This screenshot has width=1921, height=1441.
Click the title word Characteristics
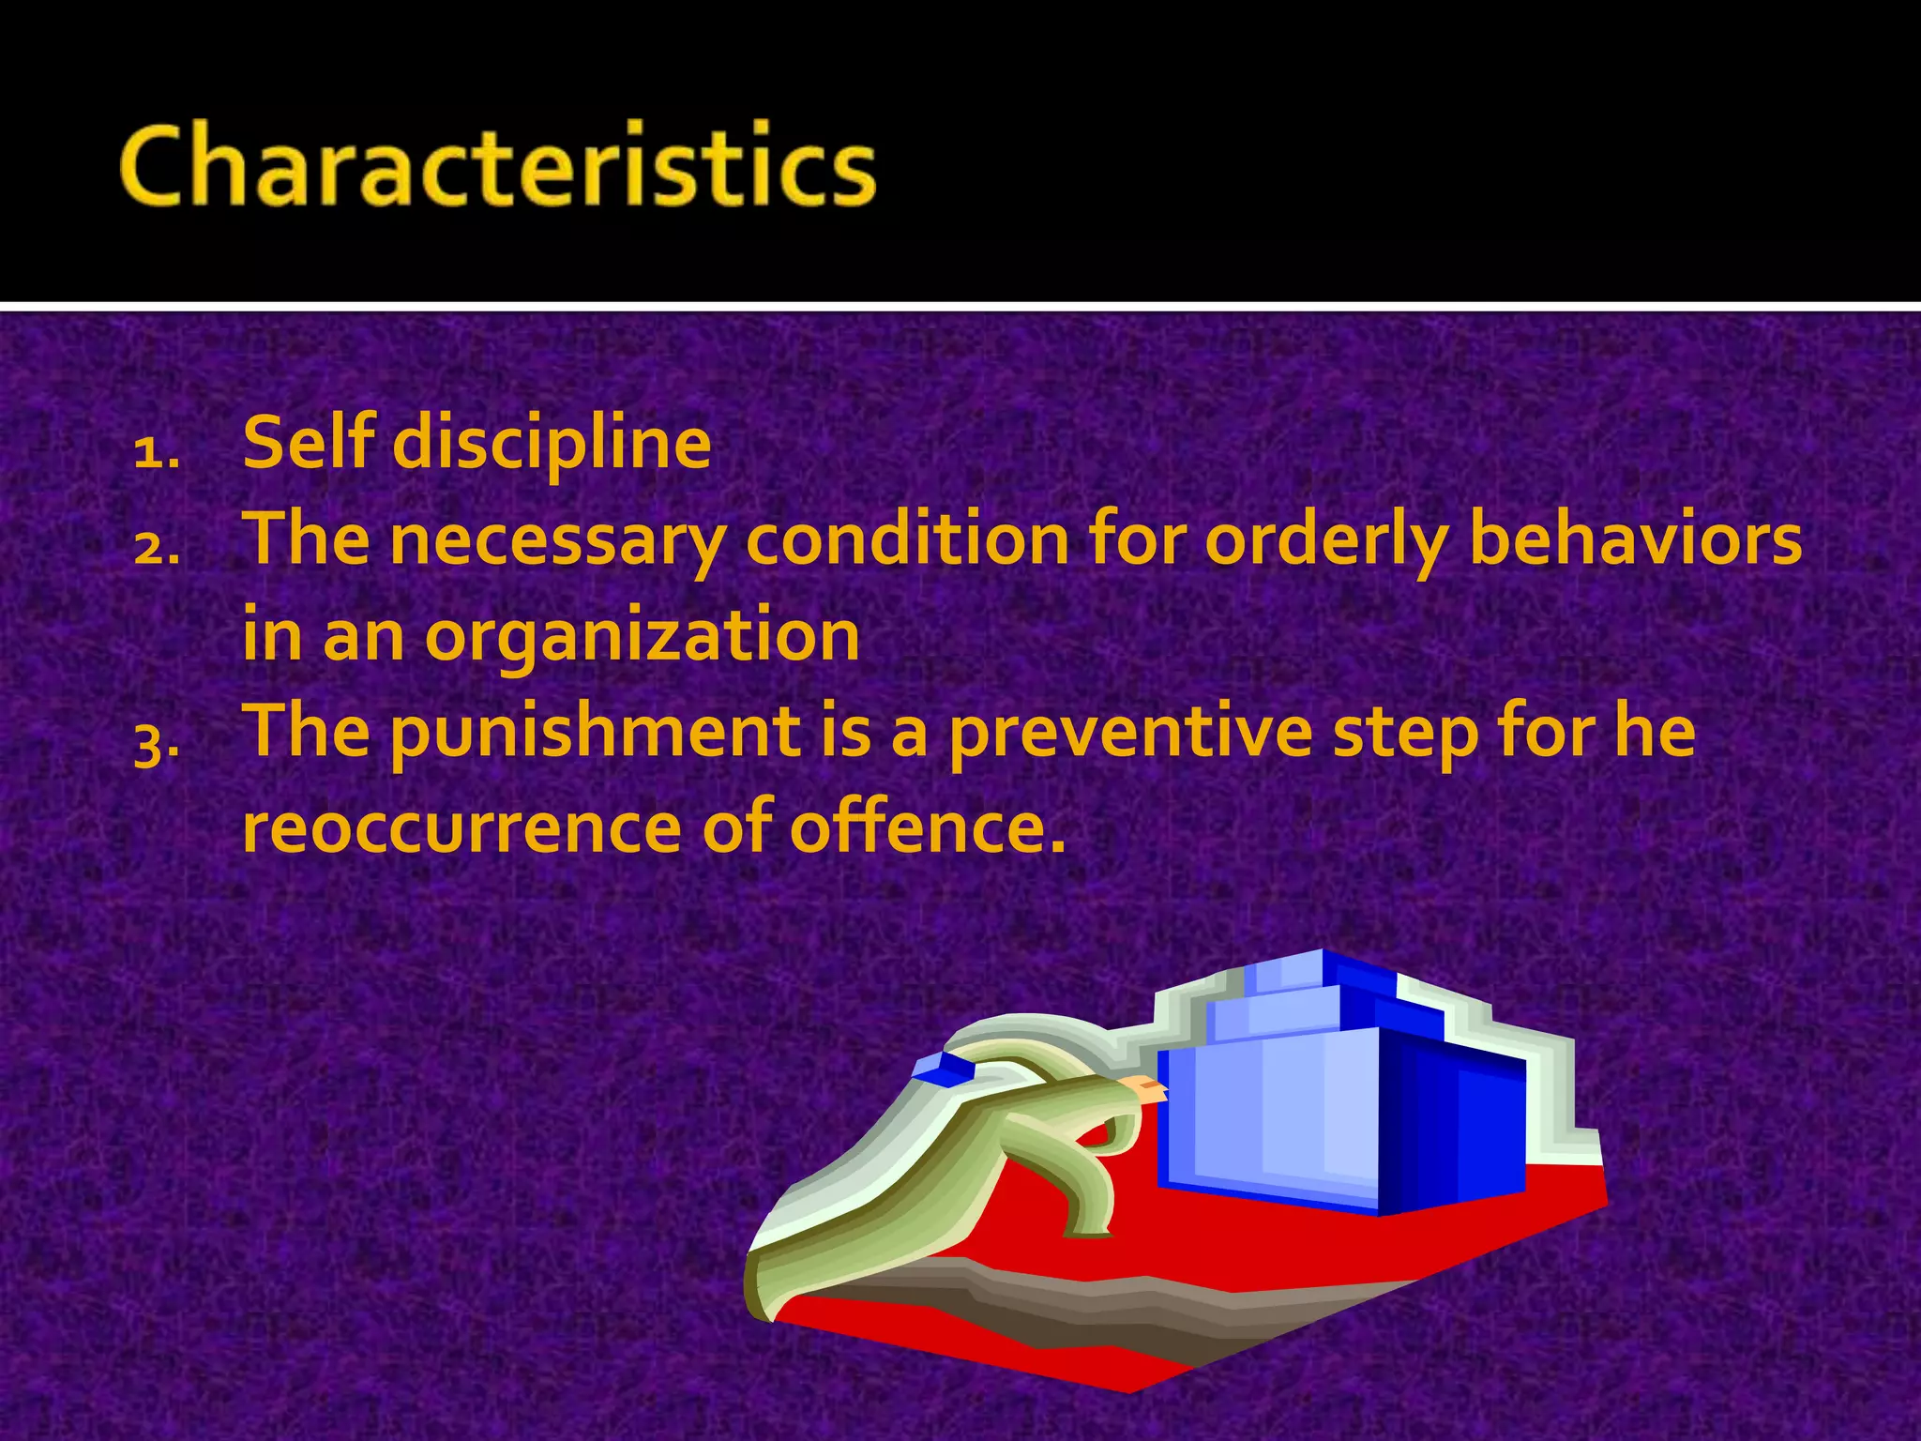point(497,166)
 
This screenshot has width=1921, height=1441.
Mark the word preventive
point(1129,734)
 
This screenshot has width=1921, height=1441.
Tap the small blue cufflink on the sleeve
point(944,1068)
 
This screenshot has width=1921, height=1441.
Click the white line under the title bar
point(960,307)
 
